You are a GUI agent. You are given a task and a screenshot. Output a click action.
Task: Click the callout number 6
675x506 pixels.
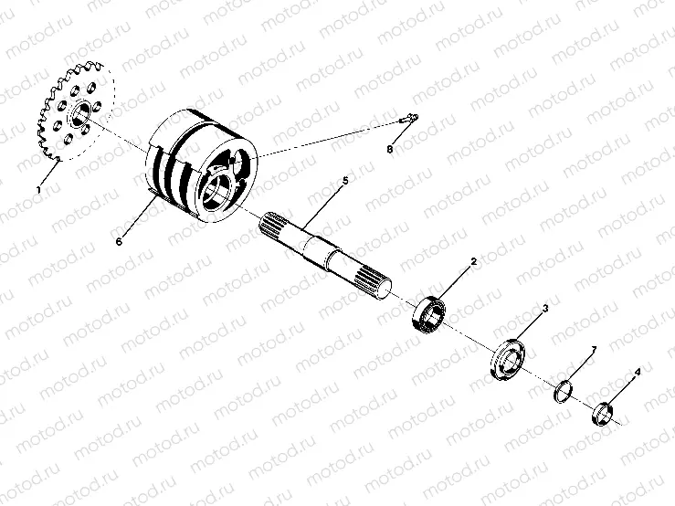click(x=119, y=241)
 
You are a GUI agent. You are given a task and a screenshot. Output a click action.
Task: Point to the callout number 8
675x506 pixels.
click(x=390, y=149)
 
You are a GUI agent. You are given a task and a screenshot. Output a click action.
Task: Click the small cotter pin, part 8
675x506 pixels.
click(x=407, y=118)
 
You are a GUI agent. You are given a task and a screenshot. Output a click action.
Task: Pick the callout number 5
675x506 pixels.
click(x=345, y=181)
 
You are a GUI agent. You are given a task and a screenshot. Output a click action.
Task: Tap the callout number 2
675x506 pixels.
click(x=474, y=261)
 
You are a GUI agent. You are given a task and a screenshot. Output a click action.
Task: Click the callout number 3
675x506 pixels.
click(x=545, y=310)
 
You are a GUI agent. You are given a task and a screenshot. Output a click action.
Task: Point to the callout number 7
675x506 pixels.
click(x=594, y=350)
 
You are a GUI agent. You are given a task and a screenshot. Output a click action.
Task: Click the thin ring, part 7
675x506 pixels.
click(x=565, y=393)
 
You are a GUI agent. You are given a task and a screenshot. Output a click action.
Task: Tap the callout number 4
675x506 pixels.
click(x=638, y=373)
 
